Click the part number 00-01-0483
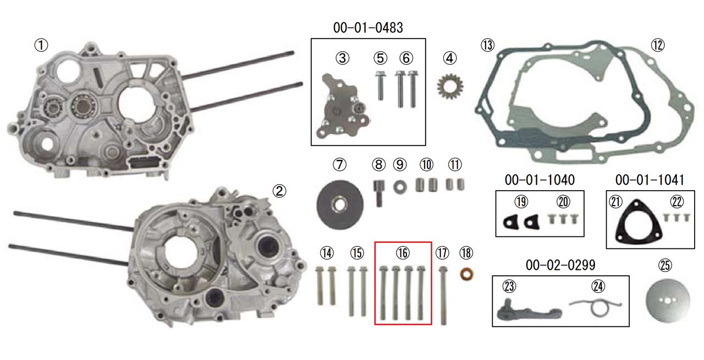pyautogui.click(x=368, y=27)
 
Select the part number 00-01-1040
pyautogui.click(x=540, y=180)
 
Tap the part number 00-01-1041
pyautogui.click(x=650, y=180)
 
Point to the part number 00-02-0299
pyautogui.click(x=560, y=265)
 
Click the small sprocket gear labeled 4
pyautogui.click(x=450, y=87)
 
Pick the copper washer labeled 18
pyautogui.click(x=467, y=274)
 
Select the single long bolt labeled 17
pyautogui.click(x=443, y=296)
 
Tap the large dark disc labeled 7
pyautogui.click(x=340, y=205)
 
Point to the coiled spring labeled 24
pyautogui.click(x=596, y=306)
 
